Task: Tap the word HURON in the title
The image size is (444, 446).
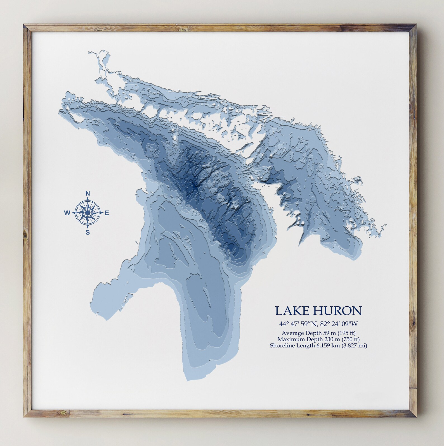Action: pyautogui.click(x=338, y=311)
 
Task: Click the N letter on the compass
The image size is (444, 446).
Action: pyautogui.click(x=88, y=194)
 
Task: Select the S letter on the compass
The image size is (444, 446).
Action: pyautogui.click(x=88, y=232)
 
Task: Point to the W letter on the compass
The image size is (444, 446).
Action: pyautogui.click(x=67, y=213)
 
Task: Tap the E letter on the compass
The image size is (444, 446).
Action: pyautogui.click(x=107, y=213)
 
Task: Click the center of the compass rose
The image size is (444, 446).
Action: pyautogui.click(x=88, y=213)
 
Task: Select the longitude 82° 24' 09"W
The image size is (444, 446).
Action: pyautogui.click(x=339, y=324)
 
